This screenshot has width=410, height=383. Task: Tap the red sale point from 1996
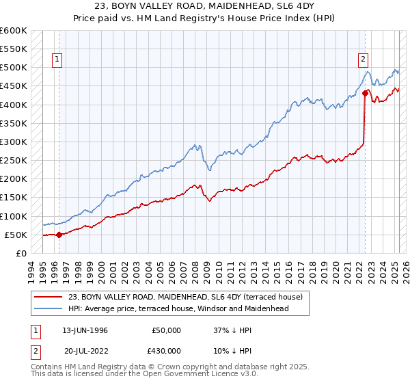tap(59, 235)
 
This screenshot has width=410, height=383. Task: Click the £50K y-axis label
tap(16, 235)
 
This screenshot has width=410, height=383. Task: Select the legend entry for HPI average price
tap(178, 308)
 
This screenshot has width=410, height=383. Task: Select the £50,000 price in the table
tap(167, 330)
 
